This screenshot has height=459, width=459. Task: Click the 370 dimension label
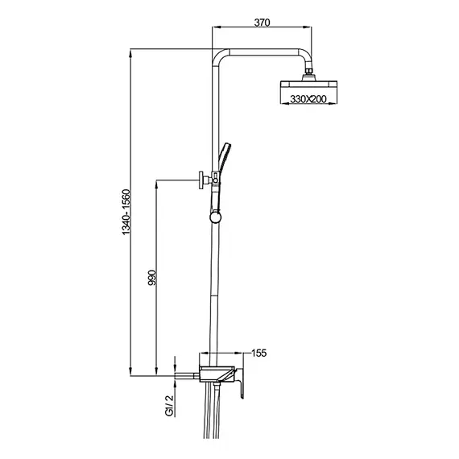point(262,23)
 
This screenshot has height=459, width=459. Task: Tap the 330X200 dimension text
point(308,99)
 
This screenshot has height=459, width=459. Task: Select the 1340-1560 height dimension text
point(126,212)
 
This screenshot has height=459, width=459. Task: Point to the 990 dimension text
point(153,278)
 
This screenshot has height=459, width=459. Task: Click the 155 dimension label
point(259,353)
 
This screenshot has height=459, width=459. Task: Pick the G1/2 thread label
point(169,405)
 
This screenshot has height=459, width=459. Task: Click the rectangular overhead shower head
point(308,85)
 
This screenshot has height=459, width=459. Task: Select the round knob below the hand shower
point(216,217)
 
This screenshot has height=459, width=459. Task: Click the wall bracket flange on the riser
point(201,180)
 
